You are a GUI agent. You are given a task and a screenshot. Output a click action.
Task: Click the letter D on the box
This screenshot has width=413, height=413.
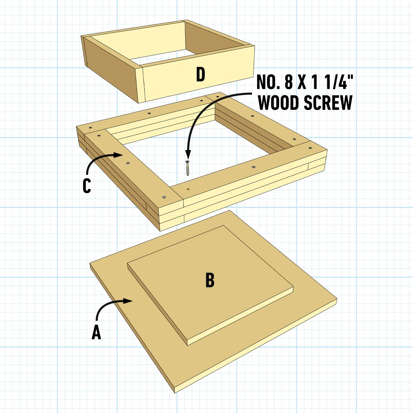point(201,74)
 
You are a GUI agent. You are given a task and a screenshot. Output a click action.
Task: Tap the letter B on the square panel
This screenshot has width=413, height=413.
point(210,280)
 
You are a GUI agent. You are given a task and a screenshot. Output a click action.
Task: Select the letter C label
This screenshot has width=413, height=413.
point(87,186)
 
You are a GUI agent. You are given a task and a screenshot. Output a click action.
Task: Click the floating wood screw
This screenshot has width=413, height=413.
point(188,168)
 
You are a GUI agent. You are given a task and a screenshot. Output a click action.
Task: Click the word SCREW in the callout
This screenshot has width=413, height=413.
point(328,103)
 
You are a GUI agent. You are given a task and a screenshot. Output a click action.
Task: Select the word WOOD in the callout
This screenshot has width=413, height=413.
point(278,103)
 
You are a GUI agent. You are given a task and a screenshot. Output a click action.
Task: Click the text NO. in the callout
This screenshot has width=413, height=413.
point(268,82)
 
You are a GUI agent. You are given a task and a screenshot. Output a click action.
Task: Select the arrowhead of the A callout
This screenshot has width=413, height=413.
point(128,301)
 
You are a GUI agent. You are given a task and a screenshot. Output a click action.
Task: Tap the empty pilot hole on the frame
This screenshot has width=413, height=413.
point(188,189)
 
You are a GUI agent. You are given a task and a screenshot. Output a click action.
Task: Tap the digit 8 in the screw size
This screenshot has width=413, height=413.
point(289,82)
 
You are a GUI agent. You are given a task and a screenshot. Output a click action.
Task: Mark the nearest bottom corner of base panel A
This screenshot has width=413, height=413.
point(175,392)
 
